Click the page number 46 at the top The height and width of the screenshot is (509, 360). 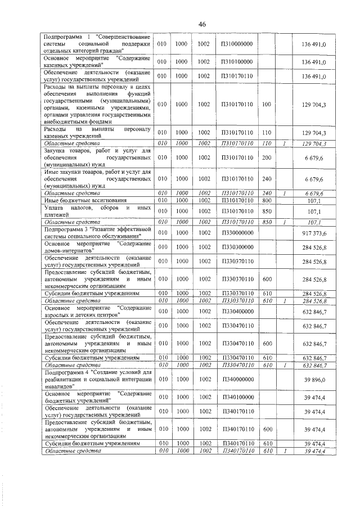pyautogui.click(x=202, y=24)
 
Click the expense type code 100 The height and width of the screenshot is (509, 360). pyautogui.click(x=267, y=104)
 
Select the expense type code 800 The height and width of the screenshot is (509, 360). pyautogui.click(x=267, y=200)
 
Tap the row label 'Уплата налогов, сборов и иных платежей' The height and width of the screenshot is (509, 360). pyautogui.click(x=97, y=211)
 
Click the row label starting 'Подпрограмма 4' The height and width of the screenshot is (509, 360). pyautogui.click(x=97, y=380)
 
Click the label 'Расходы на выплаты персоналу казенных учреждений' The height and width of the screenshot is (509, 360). pyautogui.click(x=97, y=133)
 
